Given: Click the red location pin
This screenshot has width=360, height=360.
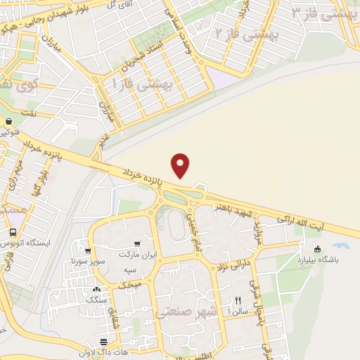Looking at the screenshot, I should coord(181,165).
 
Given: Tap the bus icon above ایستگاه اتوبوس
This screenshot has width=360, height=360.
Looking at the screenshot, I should coord(13,233).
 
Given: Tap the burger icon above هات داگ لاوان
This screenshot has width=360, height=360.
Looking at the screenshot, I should coord(124,341).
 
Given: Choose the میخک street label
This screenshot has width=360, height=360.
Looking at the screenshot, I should coord(130,283).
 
